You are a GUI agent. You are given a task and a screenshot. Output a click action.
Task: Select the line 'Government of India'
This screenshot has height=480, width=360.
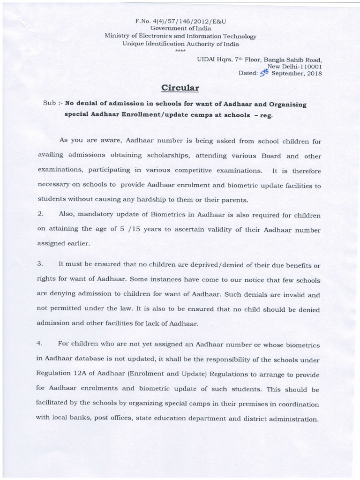click(180, 29)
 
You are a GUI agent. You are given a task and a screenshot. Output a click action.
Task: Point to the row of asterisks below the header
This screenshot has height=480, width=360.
click(180, 50)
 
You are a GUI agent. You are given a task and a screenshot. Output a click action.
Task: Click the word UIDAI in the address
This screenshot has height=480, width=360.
click(206, 60)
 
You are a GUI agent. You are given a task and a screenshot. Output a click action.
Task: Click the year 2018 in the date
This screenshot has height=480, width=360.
click(312, 74)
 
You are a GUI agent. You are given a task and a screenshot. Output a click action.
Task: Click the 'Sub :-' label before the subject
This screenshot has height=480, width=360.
click(52, 104)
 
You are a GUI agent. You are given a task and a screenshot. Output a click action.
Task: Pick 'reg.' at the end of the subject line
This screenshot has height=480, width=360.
click(266, 115)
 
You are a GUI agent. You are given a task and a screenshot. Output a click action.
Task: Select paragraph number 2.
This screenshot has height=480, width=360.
click(40, 214)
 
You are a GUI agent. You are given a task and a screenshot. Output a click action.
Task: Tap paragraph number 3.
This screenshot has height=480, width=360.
click(40, 265)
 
